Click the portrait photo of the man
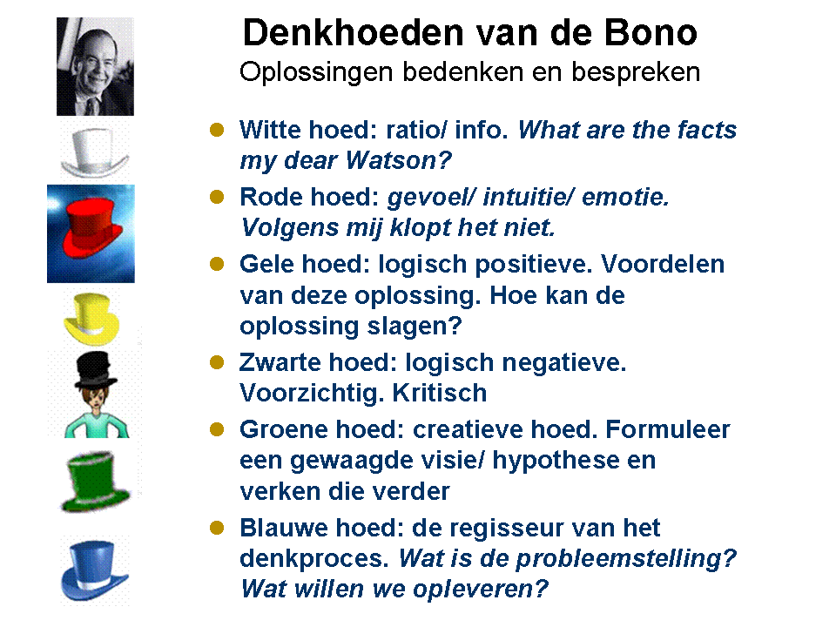[95, 66]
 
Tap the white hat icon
[93, 152]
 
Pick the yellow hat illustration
[91, 320]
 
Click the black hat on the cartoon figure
[95, 370]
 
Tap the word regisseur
[501, 528]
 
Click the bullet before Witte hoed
[219, 130]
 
